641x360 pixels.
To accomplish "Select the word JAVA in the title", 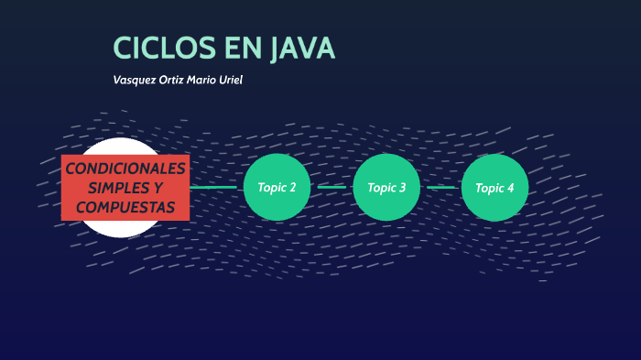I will tap(301, 49).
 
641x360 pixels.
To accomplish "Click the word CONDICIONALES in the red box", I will tap(125, 169).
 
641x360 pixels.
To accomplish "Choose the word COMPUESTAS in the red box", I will tap(125, 207).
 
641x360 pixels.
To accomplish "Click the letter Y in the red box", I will tap(158, 188).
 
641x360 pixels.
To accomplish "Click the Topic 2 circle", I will tap(277, 187).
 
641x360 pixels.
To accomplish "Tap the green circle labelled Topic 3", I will tap(386, 187).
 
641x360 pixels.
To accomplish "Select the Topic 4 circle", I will tap(494, 187).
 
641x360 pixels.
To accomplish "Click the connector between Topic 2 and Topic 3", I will tap(331, 187).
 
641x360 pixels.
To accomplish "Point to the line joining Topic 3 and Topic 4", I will tap(440, 187).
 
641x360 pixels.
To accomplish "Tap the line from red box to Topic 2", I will tap(216, 187).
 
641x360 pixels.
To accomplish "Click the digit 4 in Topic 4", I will tap(510, 188).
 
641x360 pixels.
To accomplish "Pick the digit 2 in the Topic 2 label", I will tap(292, 188).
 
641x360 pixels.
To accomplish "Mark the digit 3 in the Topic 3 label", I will tap(402, 188).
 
